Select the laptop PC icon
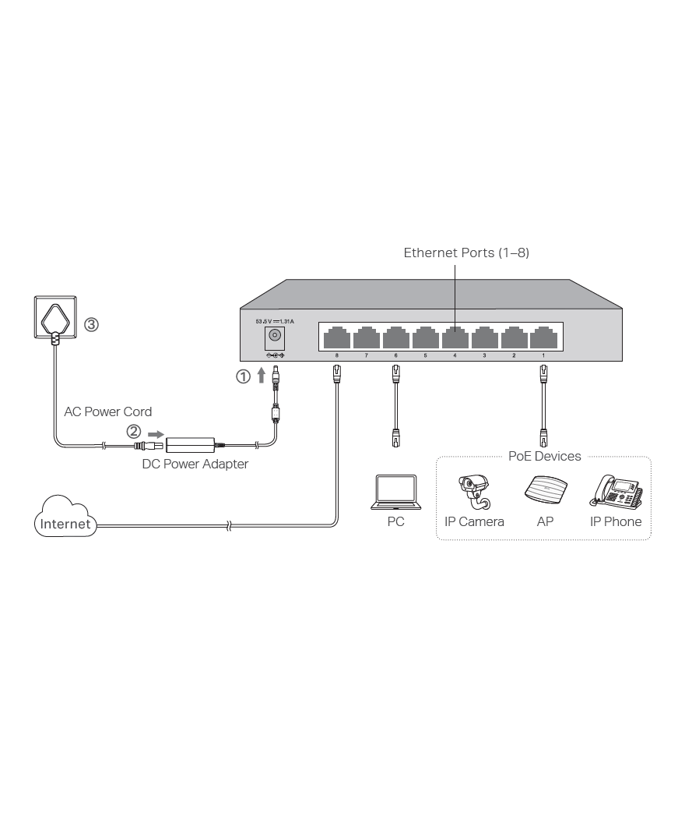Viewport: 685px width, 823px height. click(x=395, y=493)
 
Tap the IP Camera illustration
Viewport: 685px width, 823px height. click(x=475, y=492)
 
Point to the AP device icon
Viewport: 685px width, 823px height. click(x=545, y=492)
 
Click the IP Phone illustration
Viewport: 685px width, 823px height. click(x=616, y=491)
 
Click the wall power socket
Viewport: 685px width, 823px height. click(x=54, y=319)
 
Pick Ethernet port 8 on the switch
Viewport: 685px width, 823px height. click(x=336, y=339)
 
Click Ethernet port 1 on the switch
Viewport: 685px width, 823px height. click(x=543, y=339)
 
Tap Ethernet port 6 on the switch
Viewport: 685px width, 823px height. click(x=395, y=339)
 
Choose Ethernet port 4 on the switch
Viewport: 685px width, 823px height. click(x=455, y=339)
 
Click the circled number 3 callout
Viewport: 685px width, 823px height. click(x=91, y=325)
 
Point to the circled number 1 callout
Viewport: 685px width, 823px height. click(x=244, y=376)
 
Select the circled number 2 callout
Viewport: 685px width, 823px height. click(x=134, y=431)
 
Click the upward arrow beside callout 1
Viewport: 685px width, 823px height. click(x=262, y=376)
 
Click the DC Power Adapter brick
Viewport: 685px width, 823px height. click(x=191, y=445)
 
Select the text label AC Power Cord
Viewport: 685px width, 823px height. click(x=107, y=411)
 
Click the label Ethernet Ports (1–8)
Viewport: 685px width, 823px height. click(x=466, y=253)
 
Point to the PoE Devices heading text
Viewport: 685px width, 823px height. click(x=544, y=456)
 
